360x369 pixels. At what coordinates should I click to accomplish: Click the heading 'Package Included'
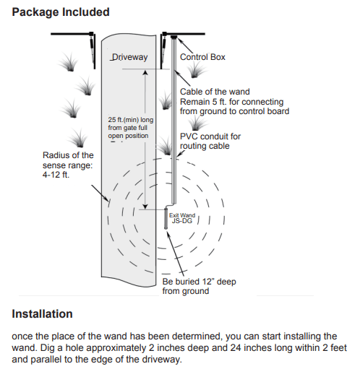(61, 12)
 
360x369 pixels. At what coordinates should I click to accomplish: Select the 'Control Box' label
(202, 56)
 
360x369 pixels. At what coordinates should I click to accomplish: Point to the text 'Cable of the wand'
(215, 92)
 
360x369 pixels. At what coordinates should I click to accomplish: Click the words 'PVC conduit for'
(210, 136)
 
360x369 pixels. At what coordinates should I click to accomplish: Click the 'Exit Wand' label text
(182, 215)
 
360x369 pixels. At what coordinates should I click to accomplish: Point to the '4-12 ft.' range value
(56, 175)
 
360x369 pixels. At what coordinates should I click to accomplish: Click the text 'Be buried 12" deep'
(199, 282)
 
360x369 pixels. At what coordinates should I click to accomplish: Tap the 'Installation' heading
(42, 314)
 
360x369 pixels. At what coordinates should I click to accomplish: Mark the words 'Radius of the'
(68, 155)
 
